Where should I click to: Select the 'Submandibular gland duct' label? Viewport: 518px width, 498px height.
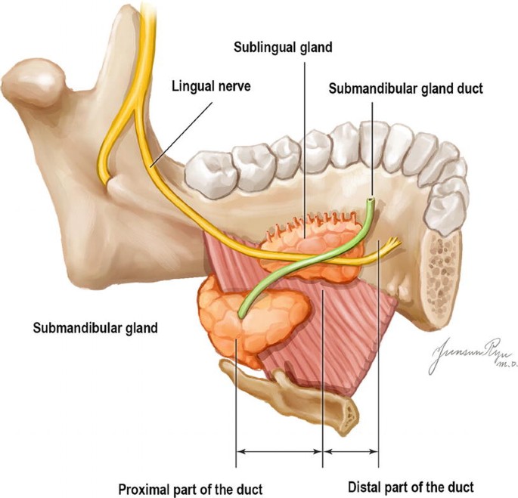405,88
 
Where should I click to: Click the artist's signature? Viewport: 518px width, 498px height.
466,354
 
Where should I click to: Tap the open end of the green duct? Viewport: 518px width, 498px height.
370,201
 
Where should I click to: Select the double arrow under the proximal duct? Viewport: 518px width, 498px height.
279,451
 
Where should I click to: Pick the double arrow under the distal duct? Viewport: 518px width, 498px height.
351,451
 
